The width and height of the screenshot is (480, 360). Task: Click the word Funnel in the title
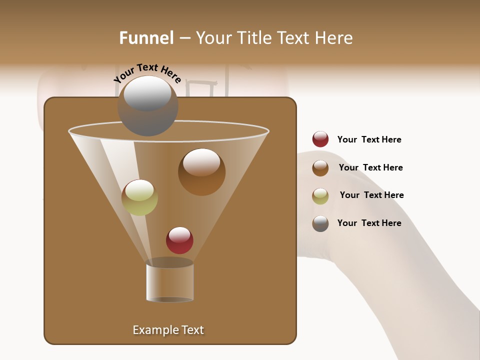(146, 38)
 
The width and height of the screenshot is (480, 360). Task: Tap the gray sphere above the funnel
(148, 106)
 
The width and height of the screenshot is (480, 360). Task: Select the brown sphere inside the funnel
(201, 172)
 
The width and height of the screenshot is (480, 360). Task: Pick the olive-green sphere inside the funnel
(139, 197)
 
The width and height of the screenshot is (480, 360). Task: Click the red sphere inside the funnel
(179, 240)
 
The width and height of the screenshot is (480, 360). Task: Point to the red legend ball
(320, 139)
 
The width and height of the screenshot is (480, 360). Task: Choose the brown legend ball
(320, 168)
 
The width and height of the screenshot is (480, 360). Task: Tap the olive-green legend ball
(320, 196)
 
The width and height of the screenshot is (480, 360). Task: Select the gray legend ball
(320, 223)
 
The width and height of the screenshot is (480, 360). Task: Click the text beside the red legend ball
(369, 140)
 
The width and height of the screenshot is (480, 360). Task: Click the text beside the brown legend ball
(370, 167)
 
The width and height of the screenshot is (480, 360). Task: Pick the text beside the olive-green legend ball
(371, 195)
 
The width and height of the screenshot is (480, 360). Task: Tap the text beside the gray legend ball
(369, 223)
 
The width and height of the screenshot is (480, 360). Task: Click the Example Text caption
(168, 330)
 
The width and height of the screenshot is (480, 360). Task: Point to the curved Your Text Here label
(147, 72)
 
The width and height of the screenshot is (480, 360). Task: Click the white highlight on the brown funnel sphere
(201, 161)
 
